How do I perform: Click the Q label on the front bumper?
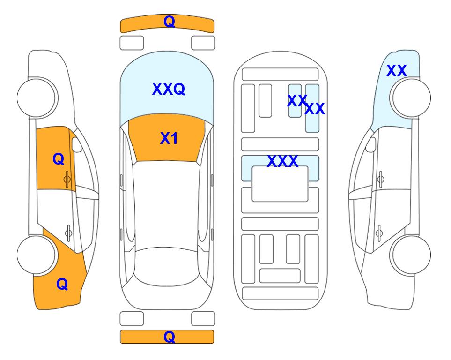click(x=169, y=22)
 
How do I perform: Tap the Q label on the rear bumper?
click(x=169, y=337)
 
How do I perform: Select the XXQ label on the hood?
click(x=169, y=89)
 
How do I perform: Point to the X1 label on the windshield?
click(x=169, y=138)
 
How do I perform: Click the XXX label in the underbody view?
click(x=282, y=161)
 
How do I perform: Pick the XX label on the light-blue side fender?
click(x=396, y=71)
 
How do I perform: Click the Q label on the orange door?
click(x=59, y=159)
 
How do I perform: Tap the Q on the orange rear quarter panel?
click(x=62, y=284)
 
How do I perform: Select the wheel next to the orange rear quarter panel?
click(x=37, y=255)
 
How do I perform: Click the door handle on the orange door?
click(x=67, y=180)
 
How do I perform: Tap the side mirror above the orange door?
click(x=77, y=144)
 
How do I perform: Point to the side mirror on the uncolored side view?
click(x=370, y=144)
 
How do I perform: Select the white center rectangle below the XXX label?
click(x=280, y=184)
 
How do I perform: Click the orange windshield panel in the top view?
click(x=167, y=138)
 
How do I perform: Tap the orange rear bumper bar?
click(x=167, y=337)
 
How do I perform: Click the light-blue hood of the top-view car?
click(x=167, y=86)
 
